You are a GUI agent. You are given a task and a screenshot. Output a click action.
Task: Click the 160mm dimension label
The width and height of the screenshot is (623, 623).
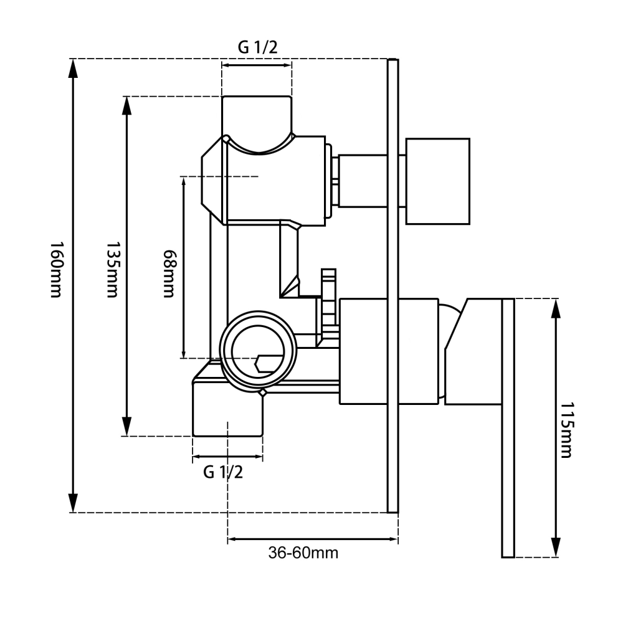pyautogui.click(x=55, y=269)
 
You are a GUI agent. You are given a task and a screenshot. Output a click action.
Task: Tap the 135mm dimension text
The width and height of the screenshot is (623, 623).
pyautogui.click(x=112, y=270)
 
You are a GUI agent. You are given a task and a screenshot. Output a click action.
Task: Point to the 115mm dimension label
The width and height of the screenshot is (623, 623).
pyautogui.click(x=566, y=430)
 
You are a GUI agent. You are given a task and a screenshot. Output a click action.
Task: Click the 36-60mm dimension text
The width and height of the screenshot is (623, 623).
pyautogui.click(x=303, y=552)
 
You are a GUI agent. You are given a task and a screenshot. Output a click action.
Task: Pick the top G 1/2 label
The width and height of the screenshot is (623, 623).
pyautogui.click(x=257, y=47)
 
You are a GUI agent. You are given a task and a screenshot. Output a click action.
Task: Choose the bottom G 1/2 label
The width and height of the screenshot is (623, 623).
pyautogui.click(x=223, y=472)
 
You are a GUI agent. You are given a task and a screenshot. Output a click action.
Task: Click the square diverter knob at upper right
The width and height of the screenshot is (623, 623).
pyautogui.click(x=437, y=181)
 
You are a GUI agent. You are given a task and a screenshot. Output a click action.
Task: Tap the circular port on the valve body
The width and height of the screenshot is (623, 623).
pyautogui.click(x=259, y=351)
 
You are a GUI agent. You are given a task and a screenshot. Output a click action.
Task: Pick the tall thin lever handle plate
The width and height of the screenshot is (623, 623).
pyautogui.click(x=508, y=428)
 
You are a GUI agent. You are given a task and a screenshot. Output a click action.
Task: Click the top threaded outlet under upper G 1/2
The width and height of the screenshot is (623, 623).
pyautogui.click(x=257, y=118)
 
